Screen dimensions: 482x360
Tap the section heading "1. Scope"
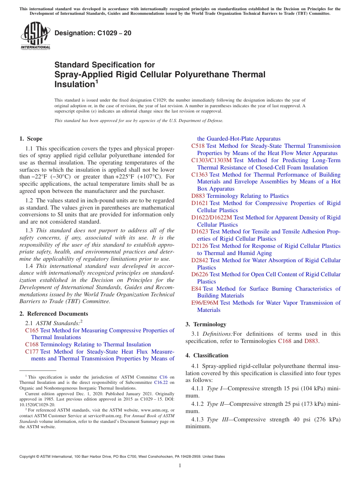(31, 139)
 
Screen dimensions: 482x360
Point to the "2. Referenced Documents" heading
(53, 314)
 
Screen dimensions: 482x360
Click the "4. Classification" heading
(207, 355)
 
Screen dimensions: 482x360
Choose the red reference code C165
(32, 330)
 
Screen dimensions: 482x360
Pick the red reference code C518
(198, 146)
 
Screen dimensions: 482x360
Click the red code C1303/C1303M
(211, 160)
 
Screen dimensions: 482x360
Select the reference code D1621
(199, 203)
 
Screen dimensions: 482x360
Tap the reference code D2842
(199, 260)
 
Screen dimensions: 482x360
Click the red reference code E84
(196, 289)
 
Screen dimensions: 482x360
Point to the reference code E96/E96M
(205, 303)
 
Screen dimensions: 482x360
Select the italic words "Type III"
(217, 419)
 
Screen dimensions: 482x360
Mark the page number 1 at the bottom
(180, 466)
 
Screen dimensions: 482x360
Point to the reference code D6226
(199, 274)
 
